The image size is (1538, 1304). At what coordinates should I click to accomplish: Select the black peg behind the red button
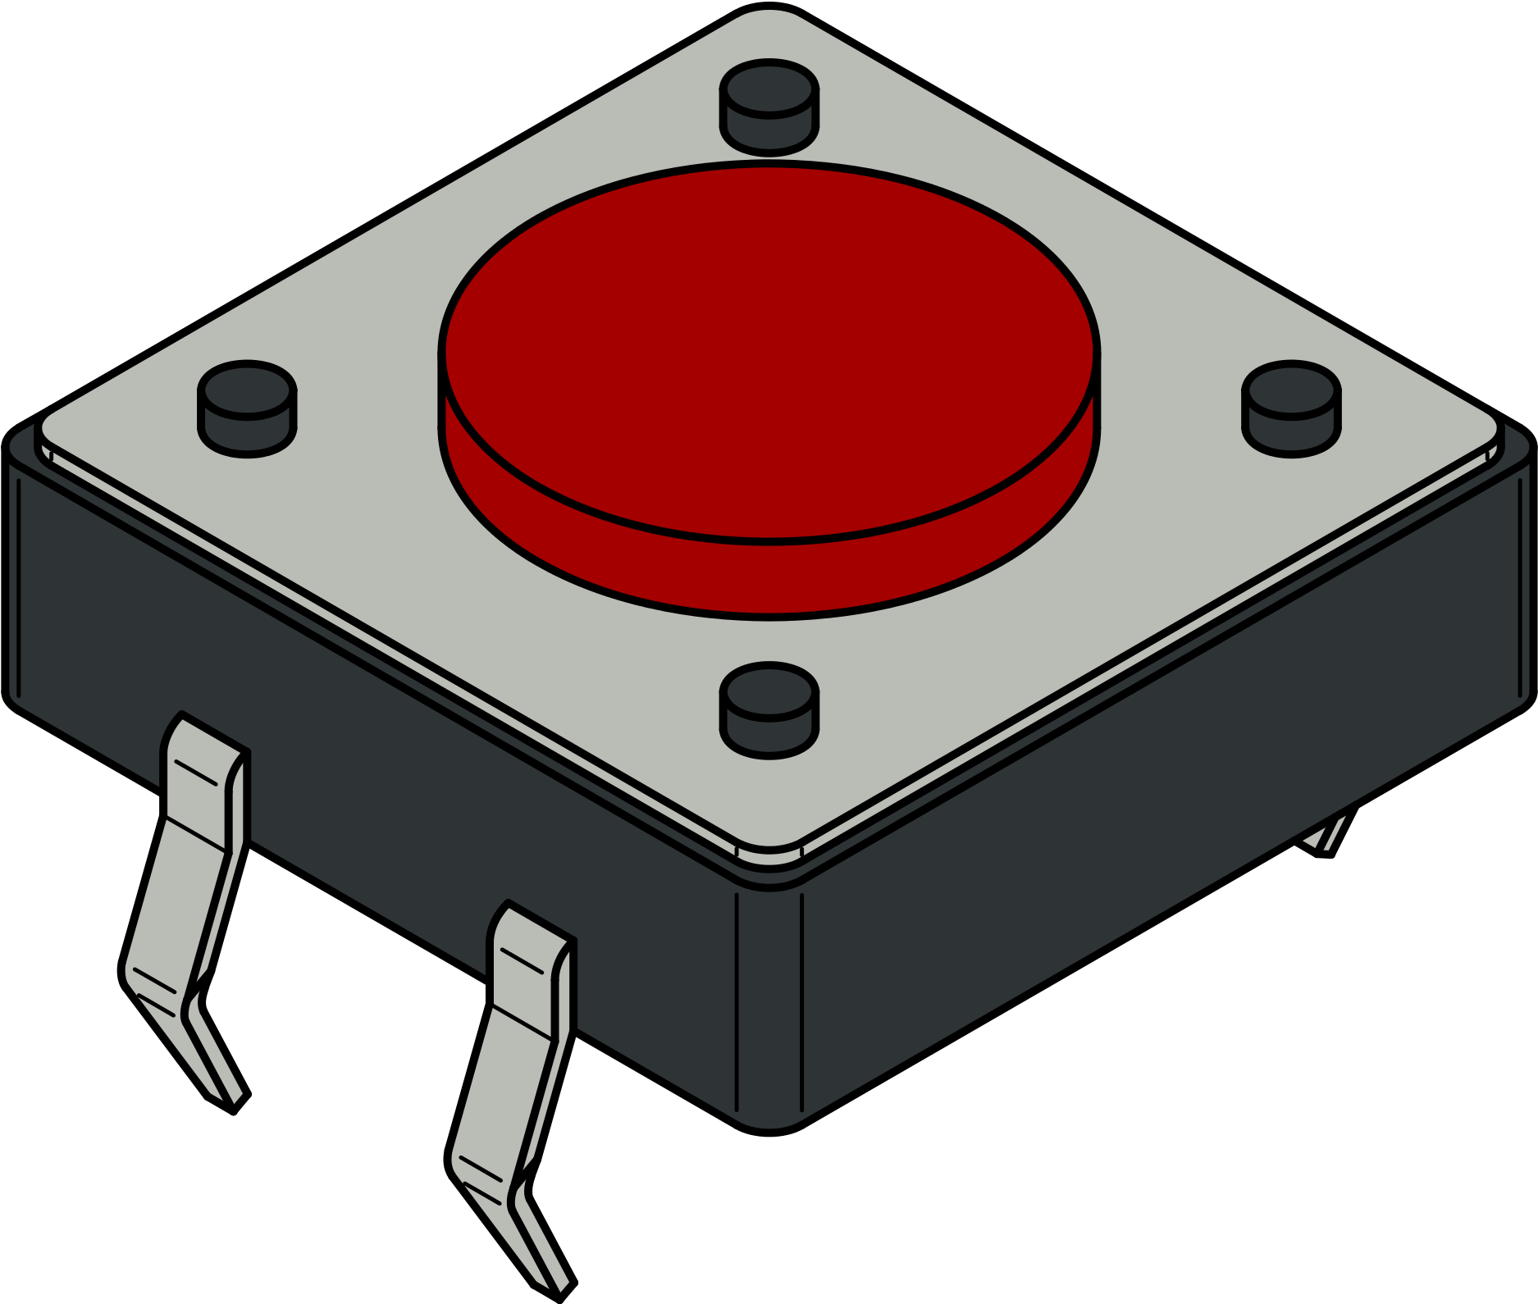(769, 107)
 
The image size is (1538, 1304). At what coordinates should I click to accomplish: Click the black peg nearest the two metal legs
(247, 408)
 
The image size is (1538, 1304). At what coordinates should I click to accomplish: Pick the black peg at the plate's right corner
(1291, 408)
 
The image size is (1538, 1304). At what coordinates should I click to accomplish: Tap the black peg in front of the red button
(769, 709)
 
